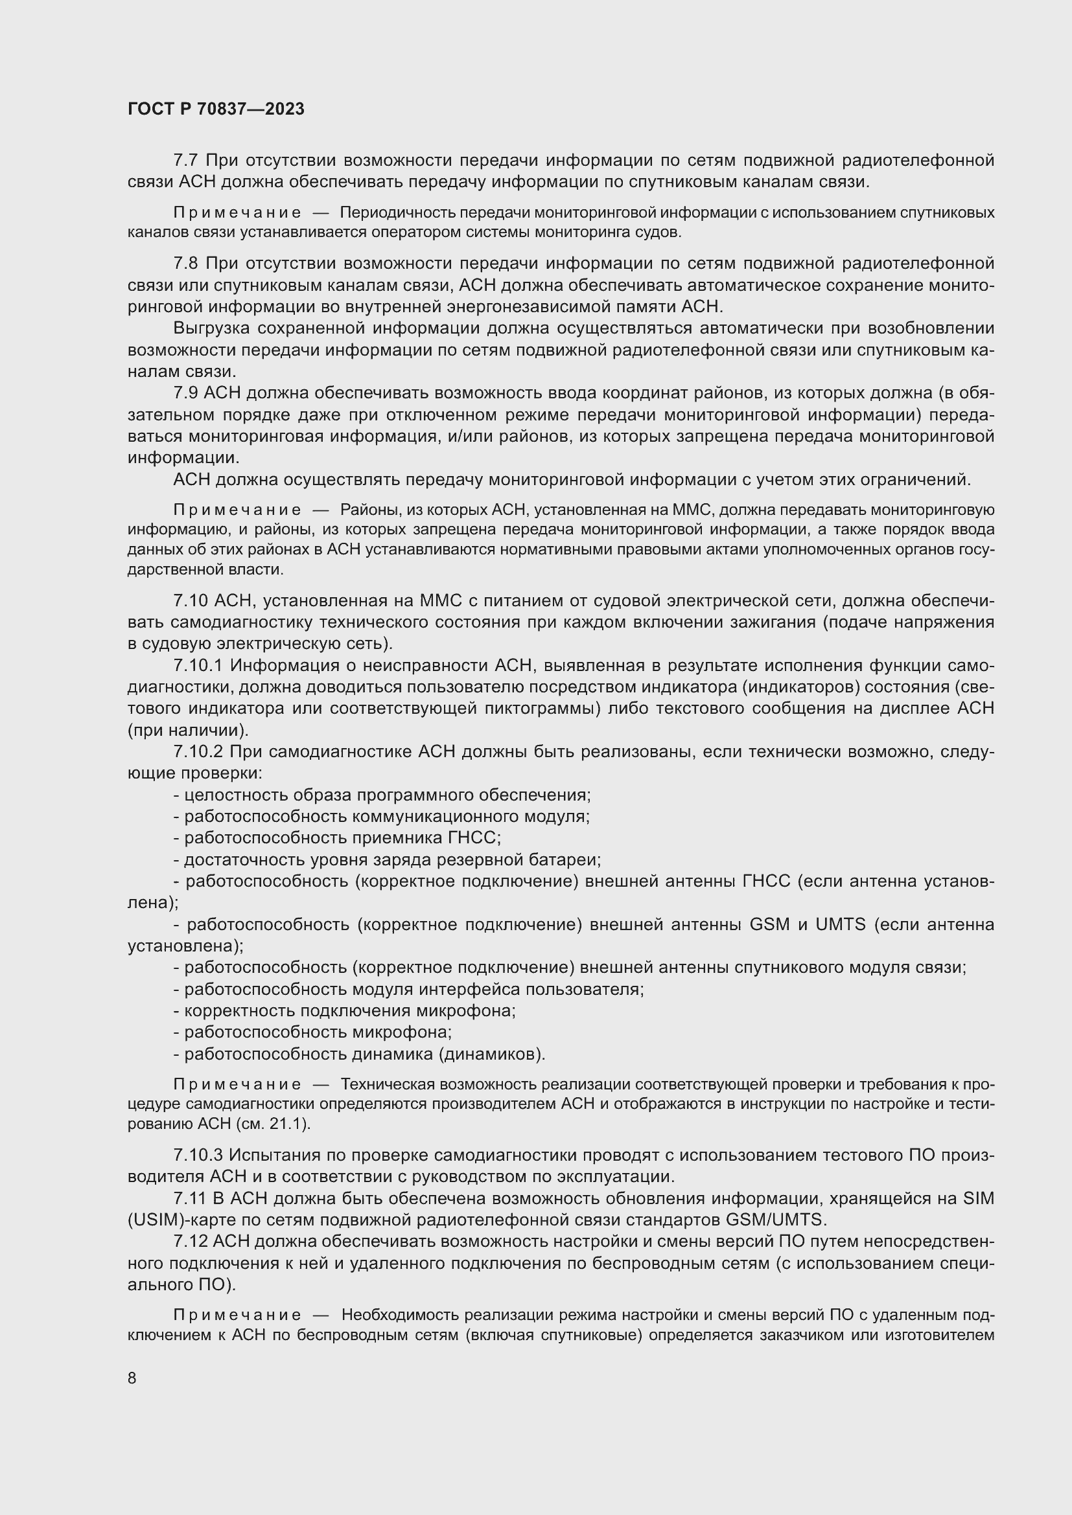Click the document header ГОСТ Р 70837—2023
point(216,109)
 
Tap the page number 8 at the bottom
point(132,1378)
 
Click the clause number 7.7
point(185,161)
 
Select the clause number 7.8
point(185,264)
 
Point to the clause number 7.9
point(185,393)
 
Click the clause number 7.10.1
point(198,666)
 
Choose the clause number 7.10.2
point(198,752)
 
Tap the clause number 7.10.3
point(198,1156)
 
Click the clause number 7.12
point(190,1242)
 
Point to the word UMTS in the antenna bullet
point(839,924)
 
